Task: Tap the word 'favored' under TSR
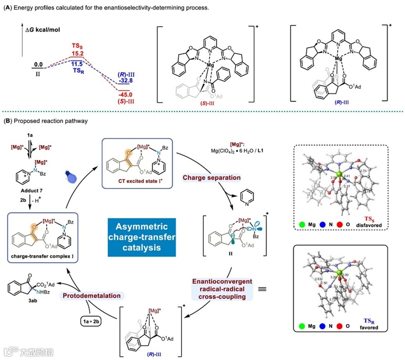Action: tap(370, 328)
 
